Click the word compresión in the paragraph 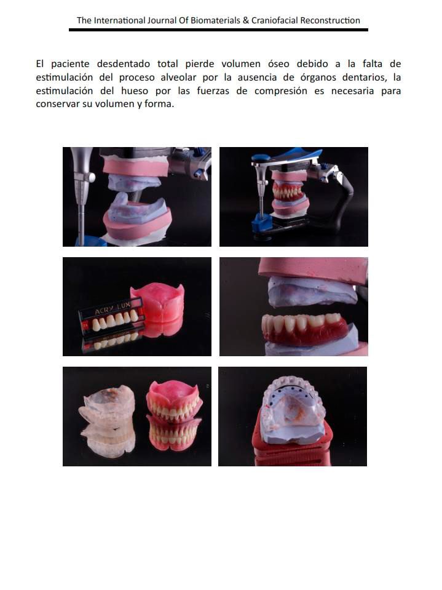point(281,91)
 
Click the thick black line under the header point(218,30)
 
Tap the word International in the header point(119,20)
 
